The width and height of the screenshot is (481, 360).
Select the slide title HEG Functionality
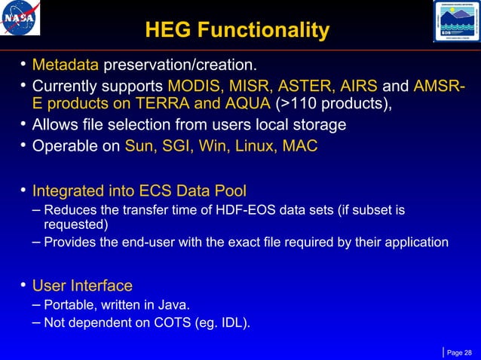(237, 30)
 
